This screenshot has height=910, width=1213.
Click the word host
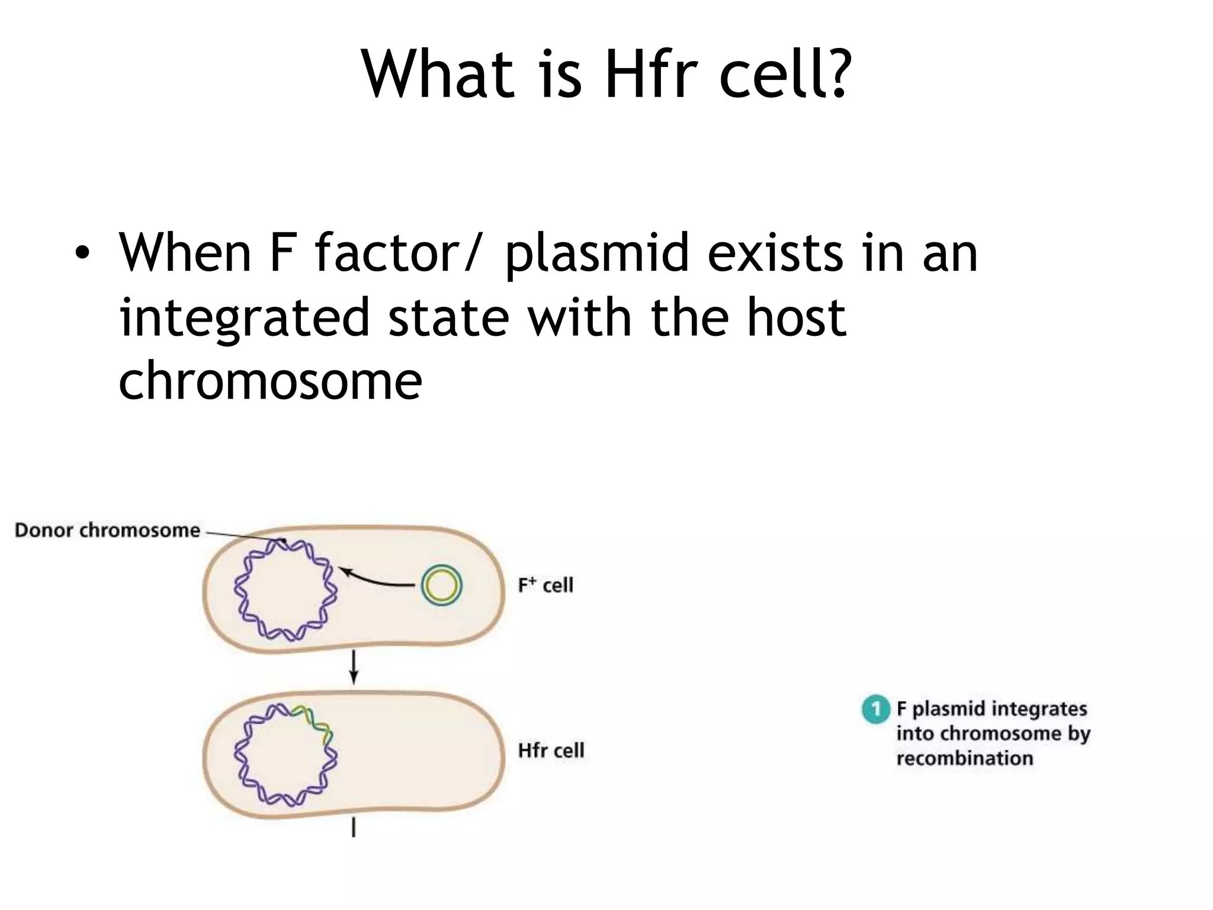coord(796,319)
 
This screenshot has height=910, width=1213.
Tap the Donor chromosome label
coord(107,530)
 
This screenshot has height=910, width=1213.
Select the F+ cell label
coord(545,585)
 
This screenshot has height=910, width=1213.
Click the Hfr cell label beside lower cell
coord(551,751)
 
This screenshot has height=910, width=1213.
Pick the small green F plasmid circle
coord(441,585)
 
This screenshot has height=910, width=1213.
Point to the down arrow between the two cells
coord(354,667)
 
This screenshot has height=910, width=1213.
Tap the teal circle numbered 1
coord(875,709)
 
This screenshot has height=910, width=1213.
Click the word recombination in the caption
coord(964,758)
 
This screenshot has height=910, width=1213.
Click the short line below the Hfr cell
coord(354,827)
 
